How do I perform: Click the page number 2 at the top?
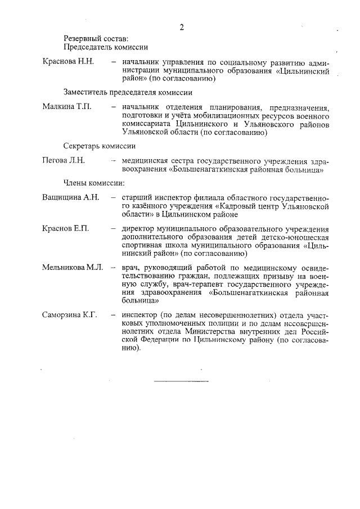tap(181, 27)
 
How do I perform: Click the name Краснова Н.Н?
tap(67, 61)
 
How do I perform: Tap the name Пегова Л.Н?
tap(63, 160)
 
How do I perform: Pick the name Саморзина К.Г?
tap(70, 314)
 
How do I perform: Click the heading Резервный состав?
tap(96, 38)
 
